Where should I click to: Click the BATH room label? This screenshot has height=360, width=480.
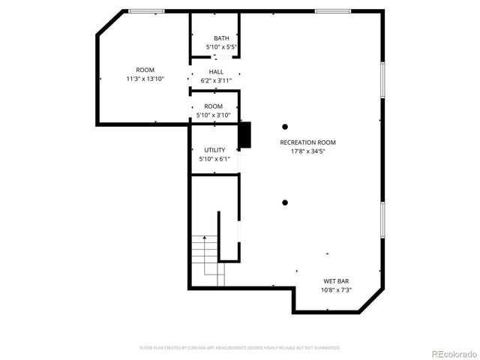(221, 38)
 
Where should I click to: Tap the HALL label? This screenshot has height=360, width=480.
(216, 71)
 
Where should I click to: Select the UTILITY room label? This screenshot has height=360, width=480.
(214, 150)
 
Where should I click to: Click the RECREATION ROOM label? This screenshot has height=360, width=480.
(307, 142)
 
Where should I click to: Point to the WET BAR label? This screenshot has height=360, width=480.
(336, 281)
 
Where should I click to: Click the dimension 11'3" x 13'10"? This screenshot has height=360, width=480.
(145, 79)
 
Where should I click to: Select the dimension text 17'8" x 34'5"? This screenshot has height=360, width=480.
(307, 151)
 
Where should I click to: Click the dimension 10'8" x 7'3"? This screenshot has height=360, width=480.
(336, 290)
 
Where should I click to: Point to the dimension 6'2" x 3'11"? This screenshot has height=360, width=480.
(216, 80)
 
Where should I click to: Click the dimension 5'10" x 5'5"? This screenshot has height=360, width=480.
(221, 47)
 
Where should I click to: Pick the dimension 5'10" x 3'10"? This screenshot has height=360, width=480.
(214, 115)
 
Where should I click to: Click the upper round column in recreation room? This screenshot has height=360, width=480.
(285, 127)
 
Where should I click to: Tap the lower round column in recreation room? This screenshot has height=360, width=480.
(285, 202)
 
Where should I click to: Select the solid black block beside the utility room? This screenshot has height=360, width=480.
(244, 136)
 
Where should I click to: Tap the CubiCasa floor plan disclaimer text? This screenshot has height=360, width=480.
(240, 348)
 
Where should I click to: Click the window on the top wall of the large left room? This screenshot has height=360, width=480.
(146, 11)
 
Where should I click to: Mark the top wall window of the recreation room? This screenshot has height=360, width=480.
(331, 11)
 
